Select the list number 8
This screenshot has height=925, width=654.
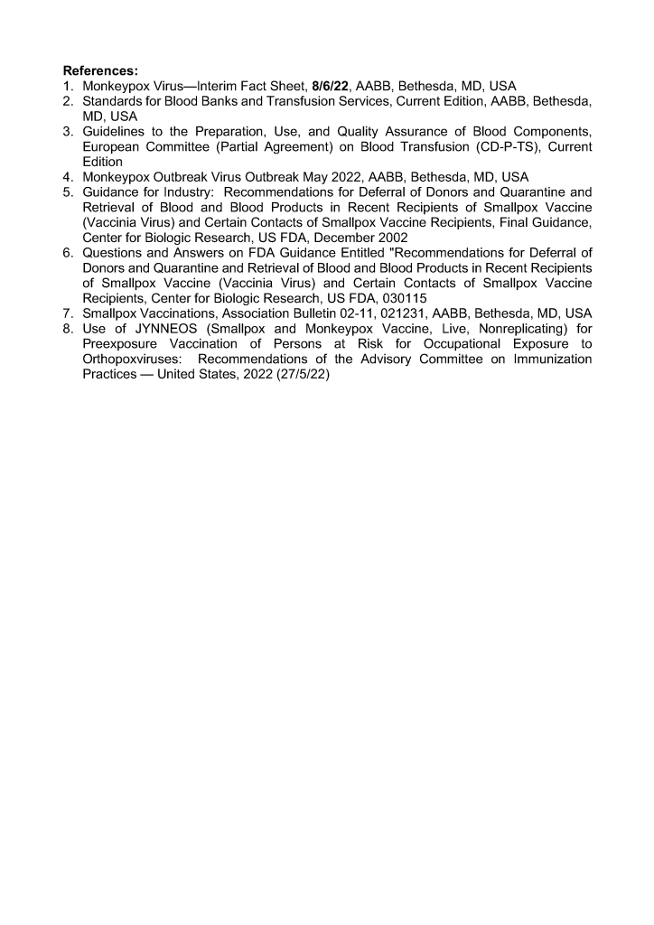click(x=69, y=343)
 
